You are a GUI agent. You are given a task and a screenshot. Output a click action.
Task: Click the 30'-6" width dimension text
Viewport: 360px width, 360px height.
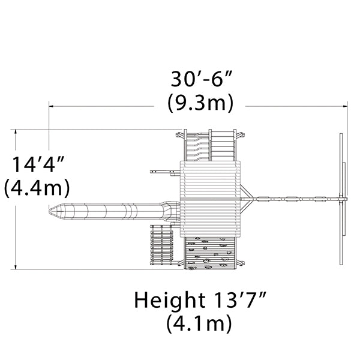(x=200, y=79)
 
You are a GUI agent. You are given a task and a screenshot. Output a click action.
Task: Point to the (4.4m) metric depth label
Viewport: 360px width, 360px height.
(x=37, y=188)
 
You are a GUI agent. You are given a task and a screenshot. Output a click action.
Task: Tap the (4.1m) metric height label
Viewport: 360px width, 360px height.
(x=199, y=323)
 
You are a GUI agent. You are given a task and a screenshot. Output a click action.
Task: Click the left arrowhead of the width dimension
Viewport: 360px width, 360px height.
(x=51, y=106)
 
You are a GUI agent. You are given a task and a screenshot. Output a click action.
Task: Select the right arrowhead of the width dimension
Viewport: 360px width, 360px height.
(x=345, y=106)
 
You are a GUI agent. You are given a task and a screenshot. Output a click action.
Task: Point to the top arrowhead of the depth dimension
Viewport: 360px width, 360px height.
(x=16, y=132)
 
